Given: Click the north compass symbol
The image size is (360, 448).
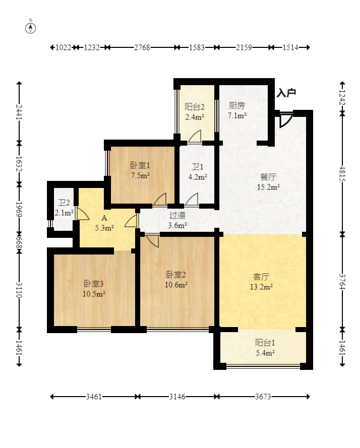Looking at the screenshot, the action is (x=31, y=28).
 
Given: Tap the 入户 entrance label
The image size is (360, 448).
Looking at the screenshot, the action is (x=286, y=93).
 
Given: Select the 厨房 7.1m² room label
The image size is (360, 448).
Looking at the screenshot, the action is (x=237, y=110).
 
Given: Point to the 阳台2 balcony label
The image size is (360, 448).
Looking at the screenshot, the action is (x=195, y=107).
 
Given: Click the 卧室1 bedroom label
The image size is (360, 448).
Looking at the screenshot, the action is (x=140, y=165).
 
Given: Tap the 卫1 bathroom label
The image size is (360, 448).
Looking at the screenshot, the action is (x=198, y=167).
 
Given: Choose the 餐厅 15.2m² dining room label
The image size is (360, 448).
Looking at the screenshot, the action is (x=268, y=182).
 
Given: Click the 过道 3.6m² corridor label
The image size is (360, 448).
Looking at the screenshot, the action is (x=177, y=220).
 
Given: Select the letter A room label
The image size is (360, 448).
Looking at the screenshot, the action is (x=104, y=218).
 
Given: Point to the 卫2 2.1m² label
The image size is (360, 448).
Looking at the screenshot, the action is (x=64, y=208).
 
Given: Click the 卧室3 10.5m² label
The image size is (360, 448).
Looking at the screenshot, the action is (x=94, y=289).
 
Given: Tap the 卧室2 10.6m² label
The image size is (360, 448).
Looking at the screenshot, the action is (x=176, y=279).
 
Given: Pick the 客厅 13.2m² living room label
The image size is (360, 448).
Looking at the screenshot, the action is (x=261, y=282).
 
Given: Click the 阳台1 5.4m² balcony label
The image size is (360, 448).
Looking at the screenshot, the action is (x=265, y=348).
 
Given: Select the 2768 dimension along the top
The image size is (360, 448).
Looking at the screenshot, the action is (x=142, y=47).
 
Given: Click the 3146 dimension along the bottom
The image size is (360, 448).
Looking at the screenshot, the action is (x=177, y=397).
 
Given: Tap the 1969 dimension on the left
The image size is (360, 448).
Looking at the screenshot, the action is (x=19, y=210).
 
